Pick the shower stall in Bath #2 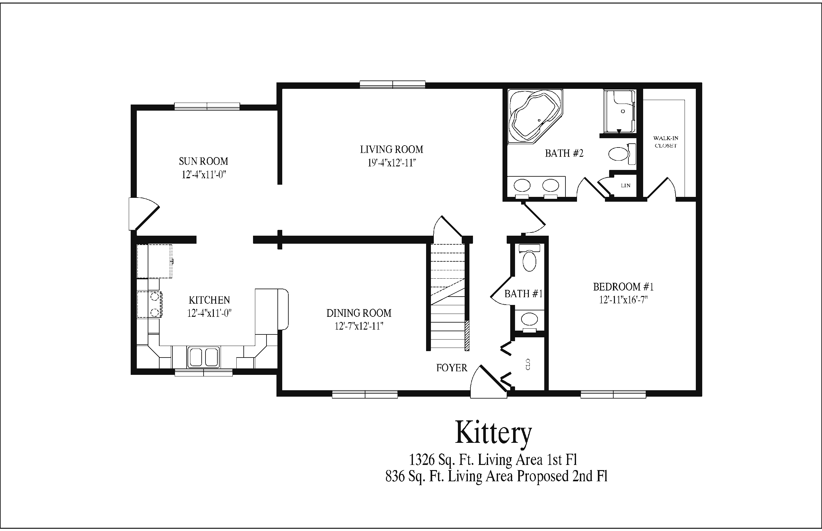(620, 111)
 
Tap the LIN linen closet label (625, 186)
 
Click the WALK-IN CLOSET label (666, 142)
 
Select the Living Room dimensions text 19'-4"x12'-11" (391, 163)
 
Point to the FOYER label (451, 368)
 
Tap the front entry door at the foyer (488, 382)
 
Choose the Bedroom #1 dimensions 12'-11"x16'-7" (623, 299)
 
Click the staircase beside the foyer (448, 297)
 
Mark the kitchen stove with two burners (150, 304)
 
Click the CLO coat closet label (528, 364)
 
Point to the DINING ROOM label (359, 313)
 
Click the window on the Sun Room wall (207, 106)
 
